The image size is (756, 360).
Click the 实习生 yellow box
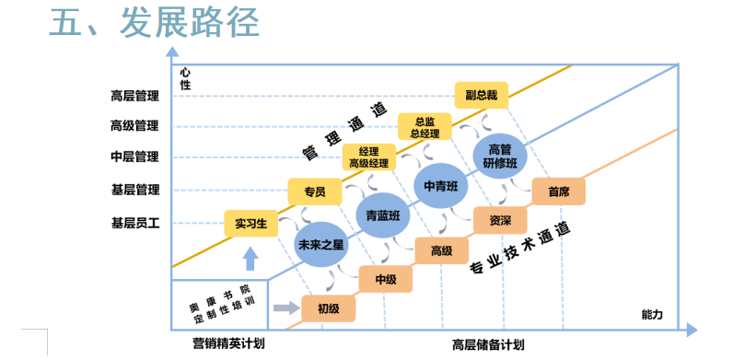(x=250, y=224)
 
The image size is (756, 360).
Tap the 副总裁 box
(x=481, y=96)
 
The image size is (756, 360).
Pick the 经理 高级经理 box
(x=369, y=157)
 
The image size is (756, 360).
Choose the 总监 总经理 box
(x=425, y=127)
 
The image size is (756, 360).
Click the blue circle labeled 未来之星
(x=320, y=245)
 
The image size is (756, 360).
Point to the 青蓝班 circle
(x=382, y=215)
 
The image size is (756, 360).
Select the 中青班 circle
(x=440, y=185)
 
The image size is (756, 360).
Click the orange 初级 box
(x=328, y=308)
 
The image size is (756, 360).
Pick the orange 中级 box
(x=385, y=279)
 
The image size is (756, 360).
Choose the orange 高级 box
(x=441, y=250)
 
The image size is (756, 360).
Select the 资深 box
(x=500, y=221)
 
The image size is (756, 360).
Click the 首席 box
(x=558, y=192)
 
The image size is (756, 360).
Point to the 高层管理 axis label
(x=134, y=97)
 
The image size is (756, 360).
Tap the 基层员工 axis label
(x=134, y=223)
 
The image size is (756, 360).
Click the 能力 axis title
(x=652, y=314)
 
